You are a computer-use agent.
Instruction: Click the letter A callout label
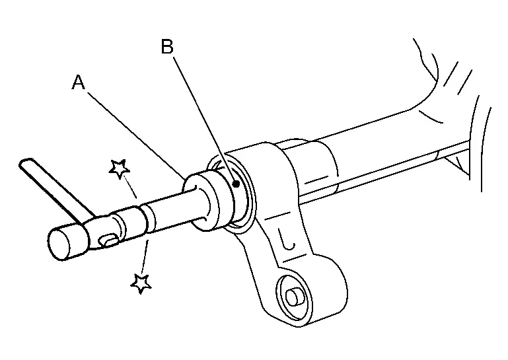79,83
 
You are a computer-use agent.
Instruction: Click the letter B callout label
168,46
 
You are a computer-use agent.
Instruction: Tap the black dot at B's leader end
236,184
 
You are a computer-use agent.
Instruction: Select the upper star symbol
120,168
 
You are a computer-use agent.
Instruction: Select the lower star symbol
141,283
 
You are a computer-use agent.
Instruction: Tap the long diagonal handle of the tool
55,190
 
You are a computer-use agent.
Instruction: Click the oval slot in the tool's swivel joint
109,240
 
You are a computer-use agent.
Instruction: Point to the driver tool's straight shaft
172,211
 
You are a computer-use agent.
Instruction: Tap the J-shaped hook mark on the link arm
287,240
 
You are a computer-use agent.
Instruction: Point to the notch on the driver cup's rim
194,188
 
